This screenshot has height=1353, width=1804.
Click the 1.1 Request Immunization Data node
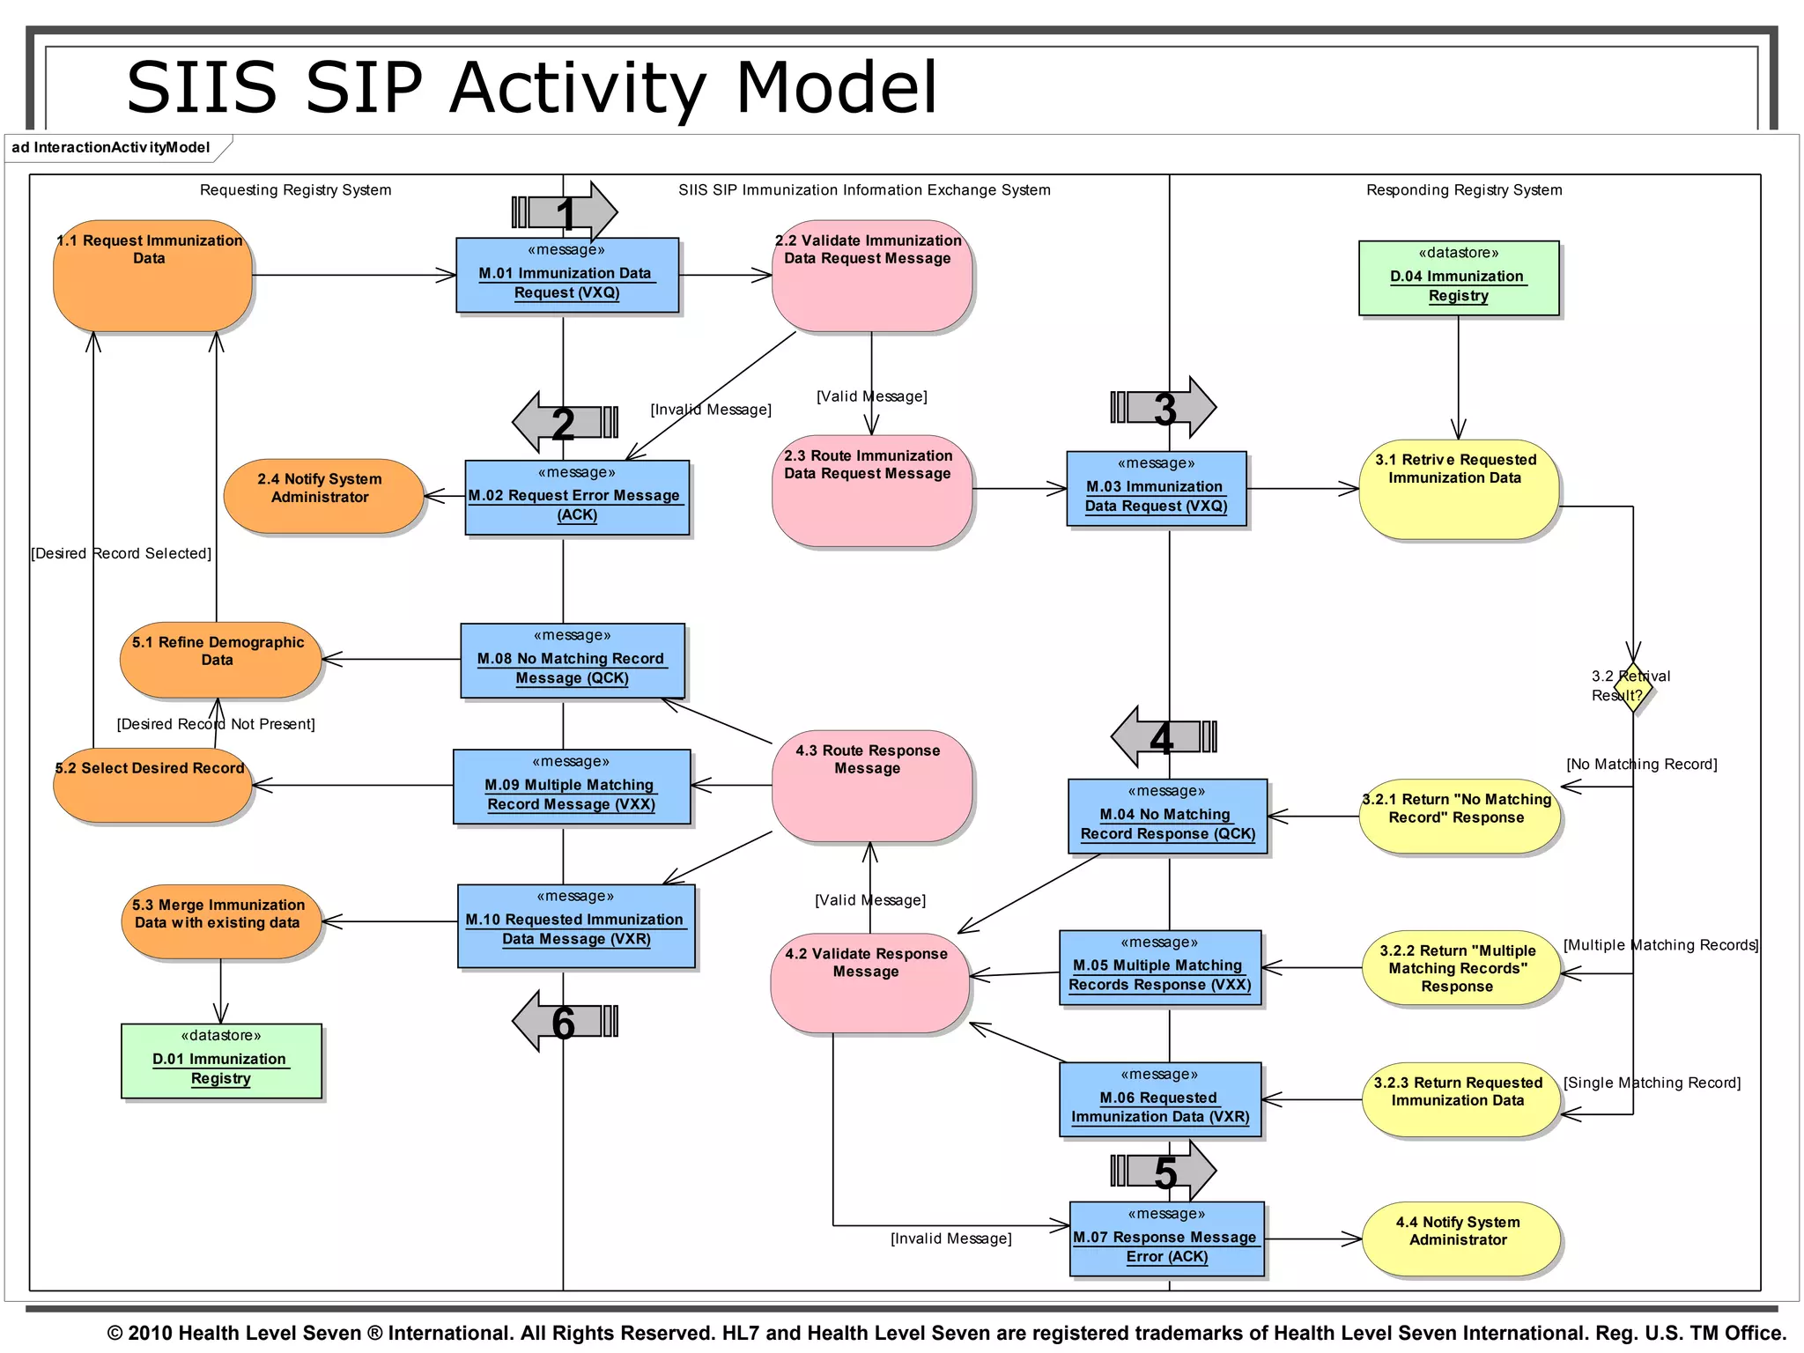pyautogui.click(x=152, y=276)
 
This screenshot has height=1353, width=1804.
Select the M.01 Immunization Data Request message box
pyautogui.click(x=566, y=275)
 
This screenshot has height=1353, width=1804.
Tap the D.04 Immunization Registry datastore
pyautogui.click(x=1458, y=278)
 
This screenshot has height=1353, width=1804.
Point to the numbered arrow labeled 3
pyautogui.click(x=1164, y=408)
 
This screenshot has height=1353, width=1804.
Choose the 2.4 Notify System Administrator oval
pyautogui.click(x=322, y=496)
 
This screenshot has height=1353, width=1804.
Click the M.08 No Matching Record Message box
pyautogui.click(x=572, y=661)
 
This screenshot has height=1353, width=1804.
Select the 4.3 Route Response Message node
pyautogui.click(x=870, y=785)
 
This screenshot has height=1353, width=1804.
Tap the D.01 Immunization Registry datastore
pyautogui.click(x=220, y=1061)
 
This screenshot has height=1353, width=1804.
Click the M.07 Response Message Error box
pyautogui.click(x=1166, y=1238)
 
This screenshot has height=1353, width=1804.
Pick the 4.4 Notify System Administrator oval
pyautogui.click(x=1460, y=1238)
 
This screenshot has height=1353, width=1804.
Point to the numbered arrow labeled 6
pyautogui.click(x=565, y=1022)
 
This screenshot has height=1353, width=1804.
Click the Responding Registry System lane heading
pyautogui.click(x=1463, y=190)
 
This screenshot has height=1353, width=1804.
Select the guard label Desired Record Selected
pyautogui.click(x=122, y=553)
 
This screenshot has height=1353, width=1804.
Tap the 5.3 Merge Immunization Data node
pyautogui.click(x=220, y=921)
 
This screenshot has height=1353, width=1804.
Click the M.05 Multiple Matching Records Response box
pyautogui.click(x=1159, y=967)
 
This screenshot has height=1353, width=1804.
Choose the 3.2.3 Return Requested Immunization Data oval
pyautogui.click(x=1460, y=1099)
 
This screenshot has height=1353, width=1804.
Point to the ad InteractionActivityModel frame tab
pyautogui.click(x=112, y=148)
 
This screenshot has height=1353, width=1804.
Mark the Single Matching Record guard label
pyautogui.click(x=1652, y=1083)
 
